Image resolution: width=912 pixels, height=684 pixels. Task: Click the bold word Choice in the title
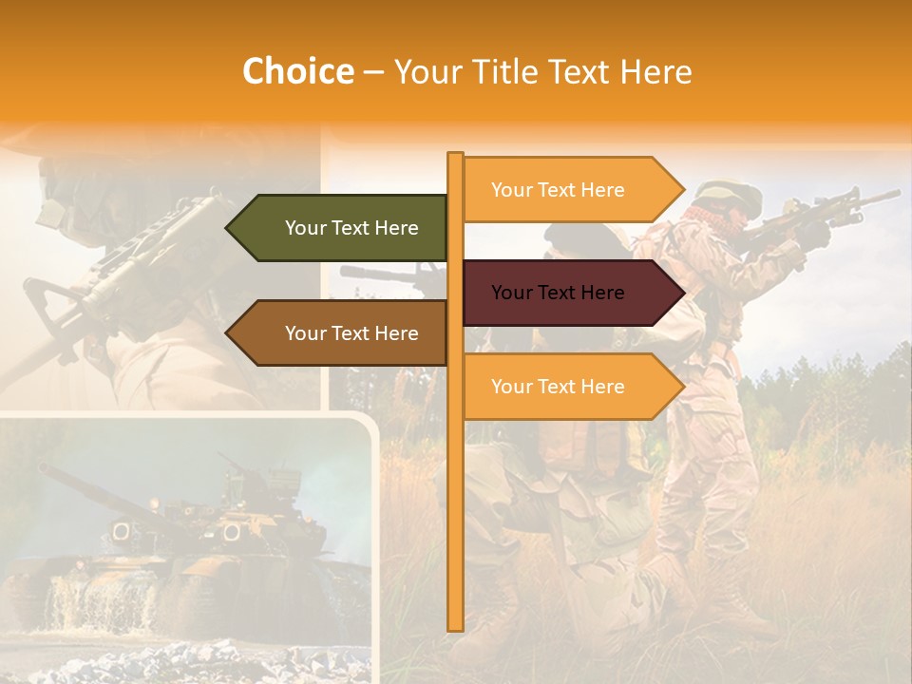click(297, 71)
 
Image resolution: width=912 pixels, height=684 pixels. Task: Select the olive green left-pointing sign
click(342, 228)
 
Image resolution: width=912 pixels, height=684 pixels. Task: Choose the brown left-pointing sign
click(342, 333)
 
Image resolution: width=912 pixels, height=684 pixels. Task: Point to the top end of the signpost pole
click(455, 155)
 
